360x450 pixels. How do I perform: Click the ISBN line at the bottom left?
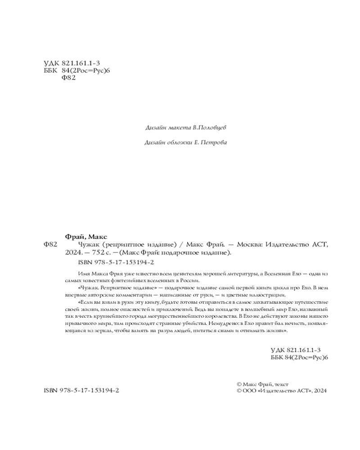coord(81,391)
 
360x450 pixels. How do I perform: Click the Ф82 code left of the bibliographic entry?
coord(50,245)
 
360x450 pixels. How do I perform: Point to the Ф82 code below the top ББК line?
coord(67,77)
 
